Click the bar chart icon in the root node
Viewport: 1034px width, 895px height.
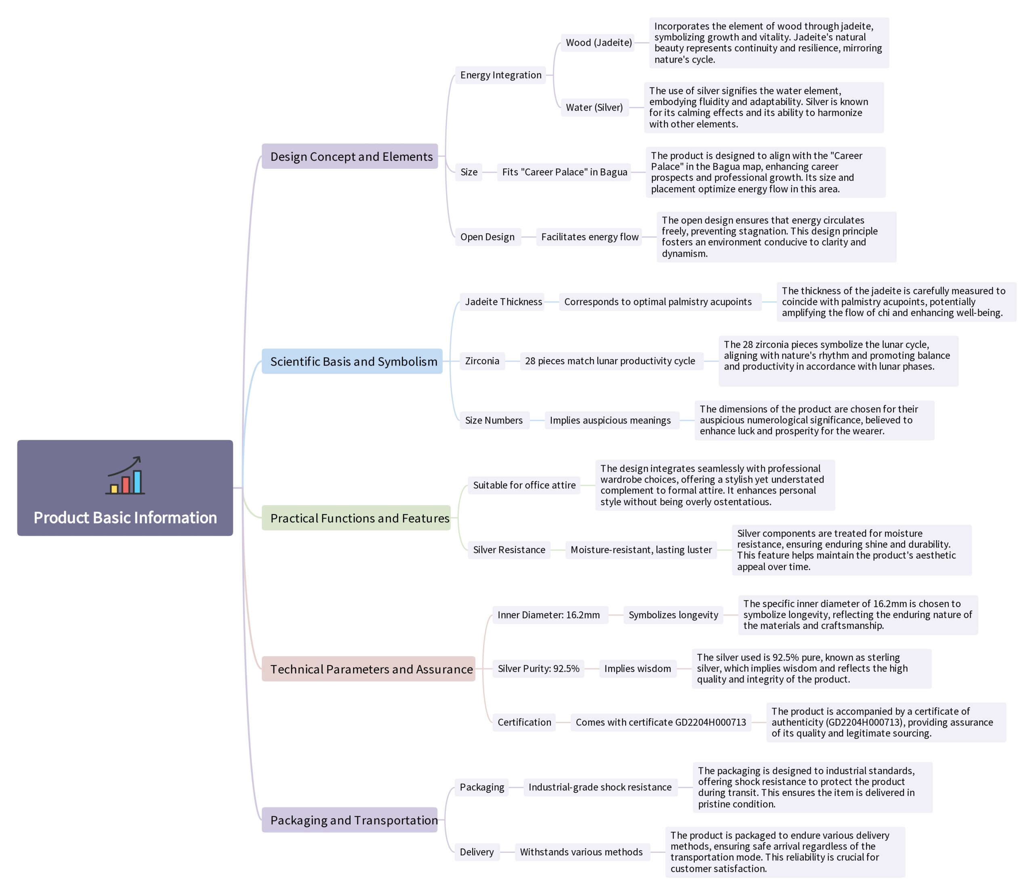(x=125, y=475)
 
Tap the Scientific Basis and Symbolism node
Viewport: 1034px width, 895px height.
(x=352, y=361)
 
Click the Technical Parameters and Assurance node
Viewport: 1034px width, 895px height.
(x=369, y=669)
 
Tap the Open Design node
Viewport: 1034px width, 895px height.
(x=487, y=237)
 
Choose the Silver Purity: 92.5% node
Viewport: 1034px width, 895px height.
(x=538, y=668)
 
